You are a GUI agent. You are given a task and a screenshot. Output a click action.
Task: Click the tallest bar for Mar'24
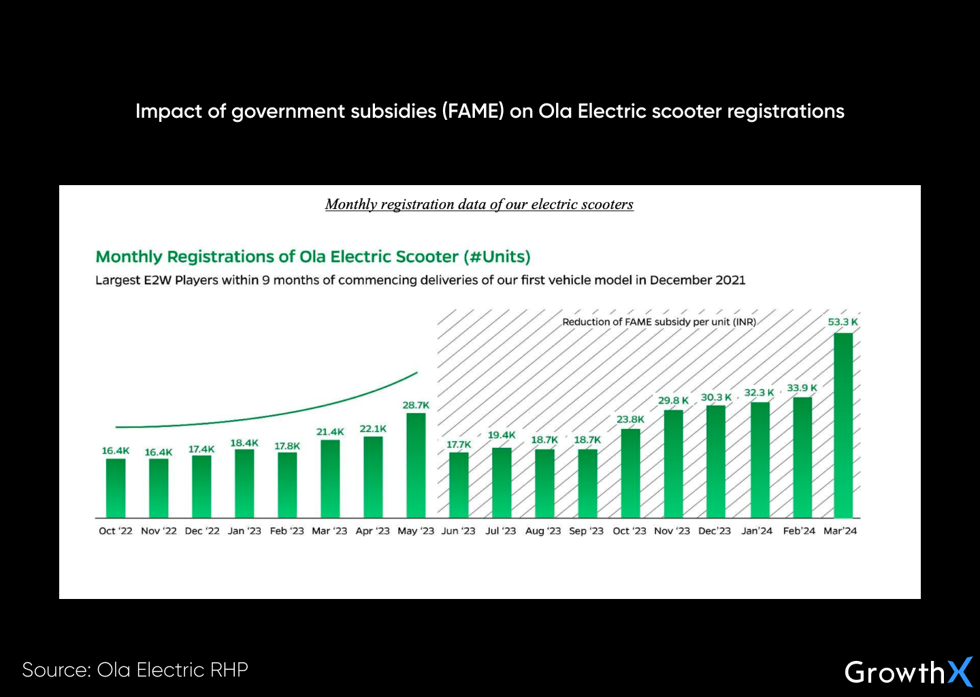(x=843, y=425)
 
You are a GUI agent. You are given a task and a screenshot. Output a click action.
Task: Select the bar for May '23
(x=416, y=466)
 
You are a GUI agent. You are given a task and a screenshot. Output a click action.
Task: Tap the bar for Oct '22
(x=116, y=488)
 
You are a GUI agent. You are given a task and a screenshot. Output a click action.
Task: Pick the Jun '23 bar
(x=459, y=485)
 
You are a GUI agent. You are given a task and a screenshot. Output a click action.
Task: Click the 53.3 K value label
(x=843, y=322)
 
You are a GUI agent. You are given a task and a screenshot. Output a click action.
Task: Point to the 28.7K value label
(x=416, y=405)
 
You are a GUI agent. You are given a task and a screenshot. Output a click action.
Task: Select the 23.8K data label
(x=630, y=419)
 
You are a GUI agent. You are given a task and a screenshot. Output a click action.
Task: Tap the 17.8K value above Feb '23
(x=287, y=446)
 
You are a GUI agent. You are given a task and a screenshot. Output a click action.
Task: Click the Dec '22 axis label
(x=202, y=531)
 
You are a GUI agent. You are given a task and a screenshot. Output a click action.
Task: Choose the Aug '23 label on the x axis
(x=543, y=531)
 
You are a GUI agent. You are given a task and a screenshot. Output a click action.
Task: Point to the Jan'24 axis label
(x=757, y=531)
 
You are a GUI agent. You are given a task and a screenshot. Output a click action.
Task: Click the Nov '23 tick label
(x=672, y=531)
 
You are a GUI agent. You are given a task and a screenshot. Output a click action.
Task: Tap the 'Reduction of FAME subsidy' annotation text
(x=659, y=322)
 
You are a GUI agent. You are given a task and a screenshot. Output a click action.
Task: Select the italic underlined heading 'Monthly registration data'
(x=479, y=204)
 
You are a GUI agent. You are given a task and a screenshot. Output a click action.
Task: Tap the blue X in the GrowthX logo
(x=960, y=672)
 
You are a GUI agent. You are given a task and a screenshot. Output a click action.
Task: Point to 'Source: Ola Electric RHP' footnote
(x=135, y=670)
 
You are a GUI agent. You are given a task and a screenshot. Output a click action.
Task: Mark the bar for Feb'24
(x=802, y=457)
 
